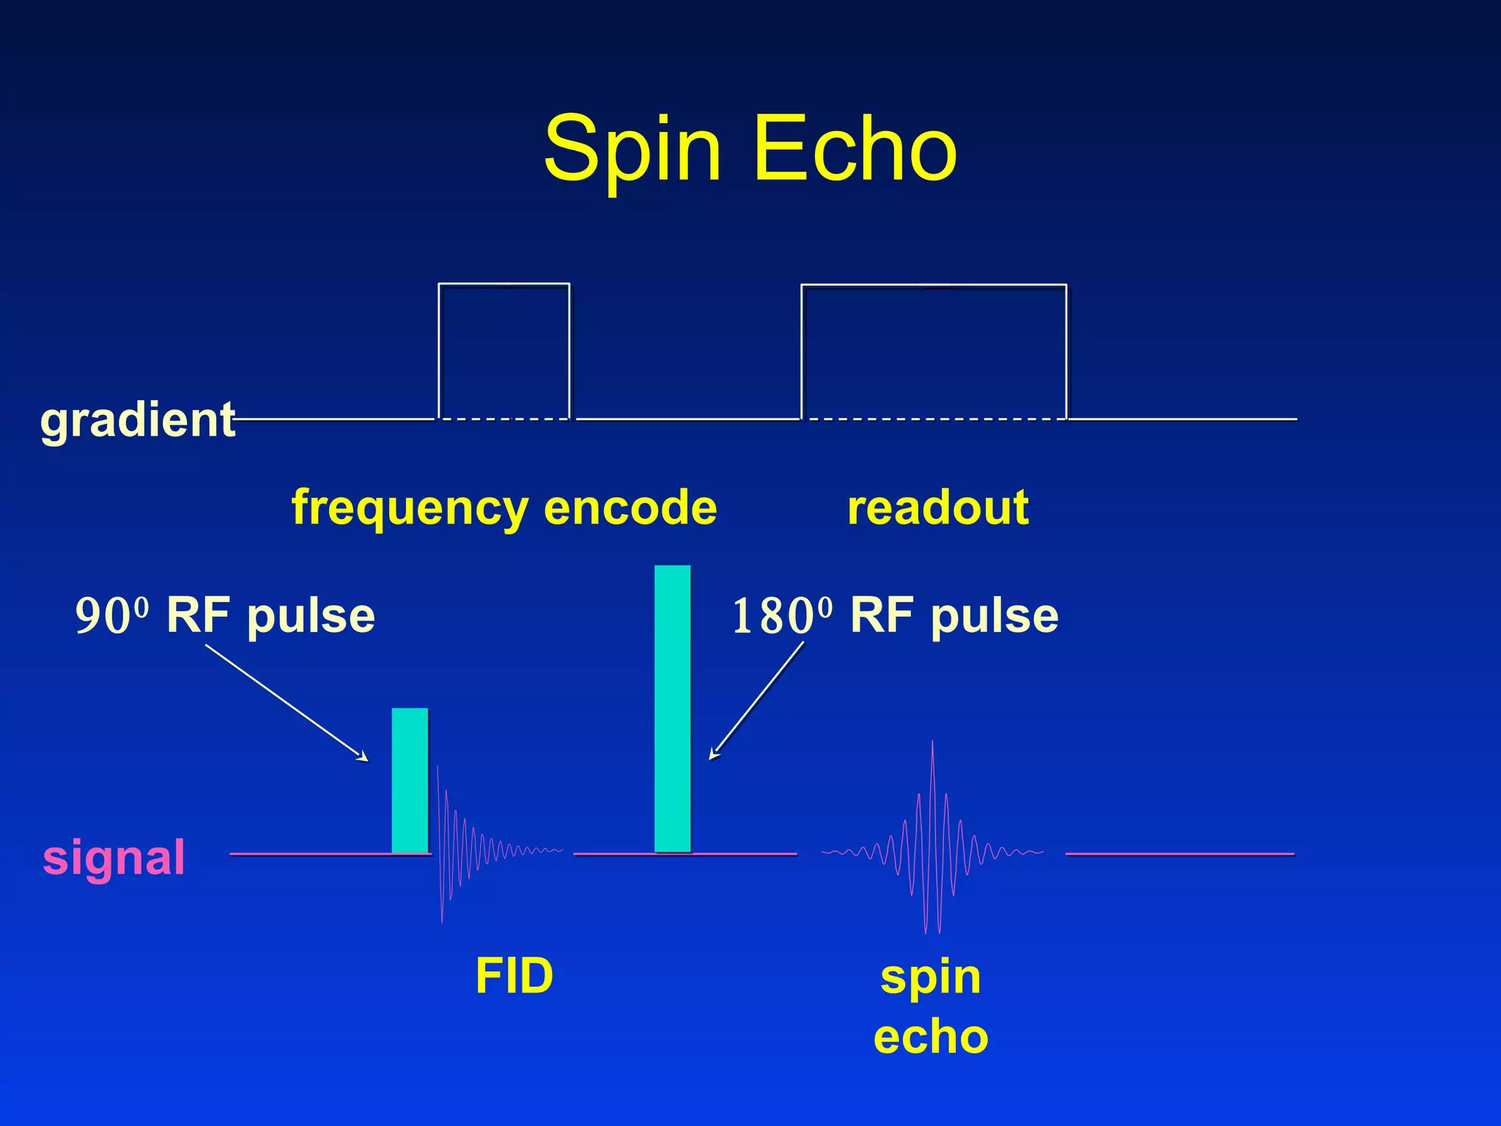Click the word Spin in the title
pyautogui.click(x=632, y=150)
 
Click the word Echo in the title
pyautogui.click(x=855, y=150)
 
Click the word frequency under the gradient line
pyautogui.click(x=410, y=508)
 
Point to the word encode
pyautogui.click(x=630, y=507)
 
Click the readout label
pyautogui.click(x=937, y=507)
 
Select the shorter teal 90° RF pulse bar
pyautogui.click(x=410, y=780)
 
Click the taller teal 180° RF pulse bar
pyautogui.click(x=672, y=708)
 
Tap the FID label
pyautogui.click(x=514, y=976)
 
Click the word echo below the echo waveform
pyautogui.click(x=931, y=1037)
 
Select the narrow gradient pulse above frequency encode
pyautogui.click(x=504, y=350)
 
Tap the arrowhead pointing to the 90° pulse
pyautogui.click(x=363, y=757)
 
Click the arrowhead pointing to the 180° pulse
pyautogui.click(x=714, y=755)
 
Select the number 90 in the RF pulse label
pyautogui.click(x=103, y=617)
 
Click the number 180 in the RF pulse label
pyautogui.click(x=772, y=617)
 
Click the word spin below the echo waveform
pyautogui.click(x=930, y=977)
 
